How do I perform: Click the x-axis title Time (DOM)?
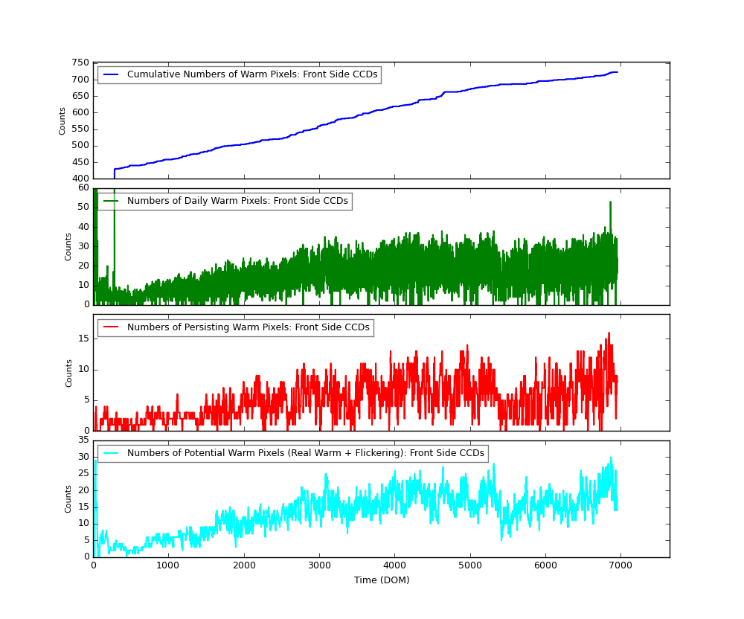pyautogui.click(x=382, y=580)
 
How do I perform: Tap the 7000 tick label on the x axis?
pyautogui.click(x=620, y=565)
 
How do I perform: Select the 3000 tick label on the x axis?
pyautogui.click(x=318, y=565)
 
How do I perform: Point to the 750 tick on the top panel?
pyautogui.click(x=80, y=63)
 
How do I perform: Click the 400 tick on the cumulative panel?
pyautogui.click(x=80, y=179)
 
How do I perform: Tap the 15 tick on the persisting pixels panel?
pyautogui.click(x=83, y=339)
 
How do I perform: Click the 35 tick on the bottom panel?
pyautogui.click(x=83, y=440)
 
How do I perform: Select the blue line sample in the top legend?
pyautogui.click(x=111, y=74)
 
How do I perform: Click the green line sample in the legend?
pyautogui.click(x=111, y=201)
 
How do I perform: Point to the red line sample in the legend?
pyautogui.click(x=111, y=327)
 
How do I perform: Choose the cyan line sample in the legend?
pyautogui.click(x=111, y=453)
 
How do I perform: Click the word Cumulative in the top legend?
pyautogui.click(x=153, y=74)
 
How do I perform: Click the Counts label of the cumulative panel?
pyautogui.click(x=62, y=121)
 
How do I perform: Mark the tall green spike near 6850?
pyautogui.click(x=610, y=202)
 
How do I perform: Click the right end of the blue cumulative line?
pyautogui.click(x=617, y=72)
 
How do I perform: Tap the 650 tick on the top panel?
pyautogui.click(x=80, y=96)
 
